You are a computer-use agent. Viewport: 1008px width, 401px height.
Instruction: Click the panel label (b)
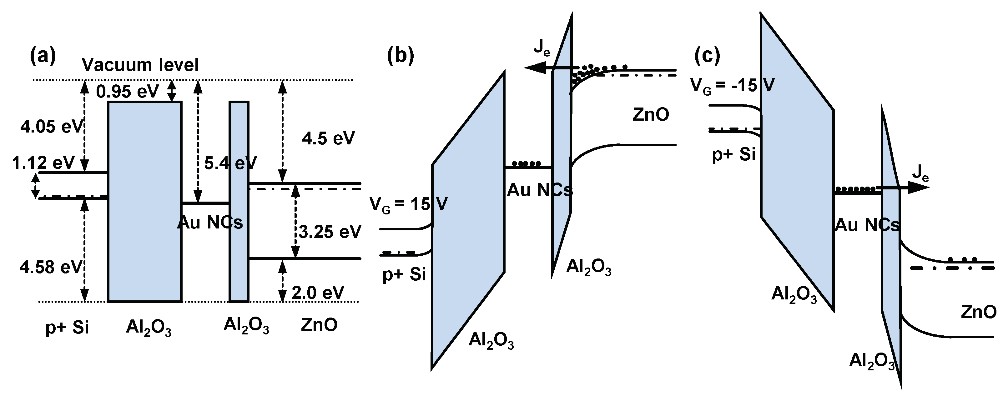click(400, 56)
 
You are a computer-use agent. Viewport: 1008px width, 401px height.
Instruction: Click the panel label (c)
click(707, 56)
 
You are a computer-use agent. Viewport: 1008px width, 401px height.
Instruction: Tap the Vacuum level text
click(140, 65)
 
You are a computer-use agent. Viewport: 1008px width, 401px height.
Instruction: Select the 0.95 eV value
click(128, 92)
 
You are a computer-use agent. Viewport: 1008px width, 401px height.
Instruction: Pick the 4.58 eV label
click(51, 267)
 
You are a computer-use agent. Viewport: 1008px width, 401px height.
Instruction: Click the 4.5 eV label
click(328, 138)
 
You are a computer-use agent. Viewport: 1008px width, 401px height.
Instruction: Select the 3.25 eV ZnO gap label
click(330, 232)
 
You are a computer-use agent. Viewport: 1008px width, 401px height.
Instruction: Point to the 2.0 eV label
click(318, 292)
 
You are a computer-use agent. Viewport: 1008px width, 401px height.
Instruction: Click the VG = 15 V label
click(408, 204)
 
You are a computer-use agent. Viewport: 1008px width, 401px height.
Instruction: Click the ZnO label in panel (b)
click(650, 115)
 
